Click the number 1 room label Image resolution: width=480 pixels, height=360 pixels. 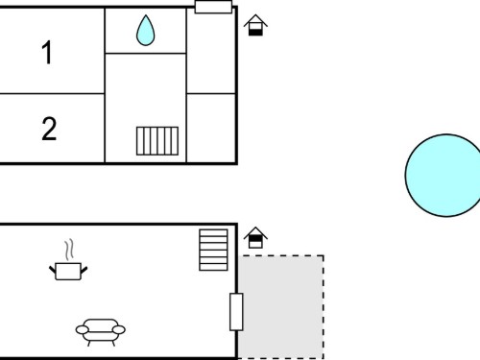click(x=47, y=52)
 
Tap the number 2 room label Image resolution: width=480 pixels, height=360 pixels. click(x=49, y=129)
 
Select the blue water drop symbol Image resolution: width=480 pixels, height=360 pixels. click(x=146, y=31)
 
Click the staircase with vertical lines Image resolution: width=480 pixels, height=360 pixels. click(x=157, y=141)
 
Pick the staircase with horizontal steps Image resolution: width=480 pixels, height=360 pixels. click(x=213, y=250)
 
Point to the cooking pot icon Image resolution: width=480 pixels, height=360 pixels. click(x=68, y=272)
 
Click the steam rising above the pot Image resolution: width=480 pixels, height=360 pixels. click(x=69, y=250)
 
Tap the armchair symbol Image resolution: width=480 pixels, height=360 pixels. click(x=101, y=332)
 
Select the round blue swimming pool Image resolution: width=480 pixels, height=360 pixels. click(x=444, y=176)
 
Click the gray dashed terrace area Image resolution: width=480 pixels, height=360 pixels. click(x=280, y=307)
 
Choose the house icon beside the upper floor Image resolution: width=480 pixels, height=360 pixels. click(x=255, y=25)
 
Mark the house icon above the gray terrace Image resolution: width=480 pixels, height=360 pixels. click(x=255, y=238)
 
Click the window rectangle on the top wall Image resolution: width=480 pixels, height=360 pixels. click(x=213, y=7)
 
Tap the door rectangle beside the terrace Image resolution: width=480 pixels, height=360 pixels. click(x=236, y=312)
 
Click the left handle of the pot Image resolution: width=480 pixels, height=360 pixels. click(x=53, y=270)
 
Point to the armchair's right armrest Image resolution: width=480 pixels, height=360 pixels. click(x=119, y=329)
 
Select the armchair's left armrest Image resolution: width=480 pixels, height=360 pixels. click(x=83, y=329)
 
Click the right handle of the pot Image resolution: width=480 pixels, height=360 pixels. click(x=84, y=270)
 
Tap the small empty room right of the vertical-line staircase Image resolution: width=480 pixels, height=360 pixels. click(x=211, y=128)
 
